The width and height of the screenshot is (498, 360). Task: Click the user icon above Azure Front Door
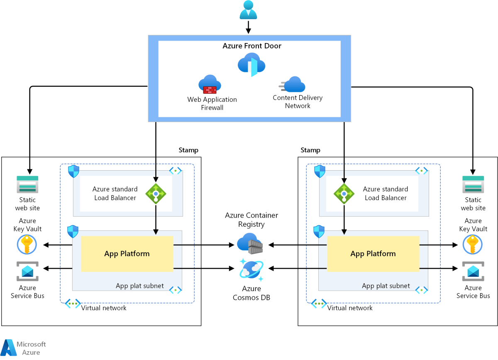[248, 10]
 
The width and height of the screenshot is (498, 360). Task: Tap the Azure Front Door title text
[252, 46]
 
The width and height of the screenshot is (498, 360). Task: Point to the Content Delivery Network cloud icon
[294, 84]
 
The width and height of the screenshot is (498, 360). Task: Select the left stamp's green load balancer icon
[156, 193]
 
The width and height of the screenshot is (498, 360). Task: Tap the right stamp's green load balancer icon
[344, 193]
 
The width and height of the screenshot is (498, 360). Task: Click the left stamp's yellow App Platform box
[127, 254]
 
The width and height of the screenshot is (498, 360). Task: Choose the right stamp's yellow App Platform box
[373, 254]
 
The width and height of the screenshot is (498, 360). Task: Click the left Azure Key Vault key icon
[27, 245]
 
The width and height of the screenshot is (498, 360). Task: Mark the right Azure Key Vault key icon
[473, 245]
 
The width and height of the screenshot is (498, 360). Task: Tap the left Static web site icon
[27, 184]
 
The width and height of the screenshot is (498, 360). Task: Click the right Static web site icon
[473, 184]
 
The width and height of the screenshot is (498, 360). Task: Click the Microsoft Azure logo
[24, 348]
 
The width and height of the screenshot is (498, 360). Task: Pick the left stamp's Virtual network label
[104, 308]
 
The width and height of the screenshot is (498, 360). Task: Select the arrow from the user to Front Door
[248, 27]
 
